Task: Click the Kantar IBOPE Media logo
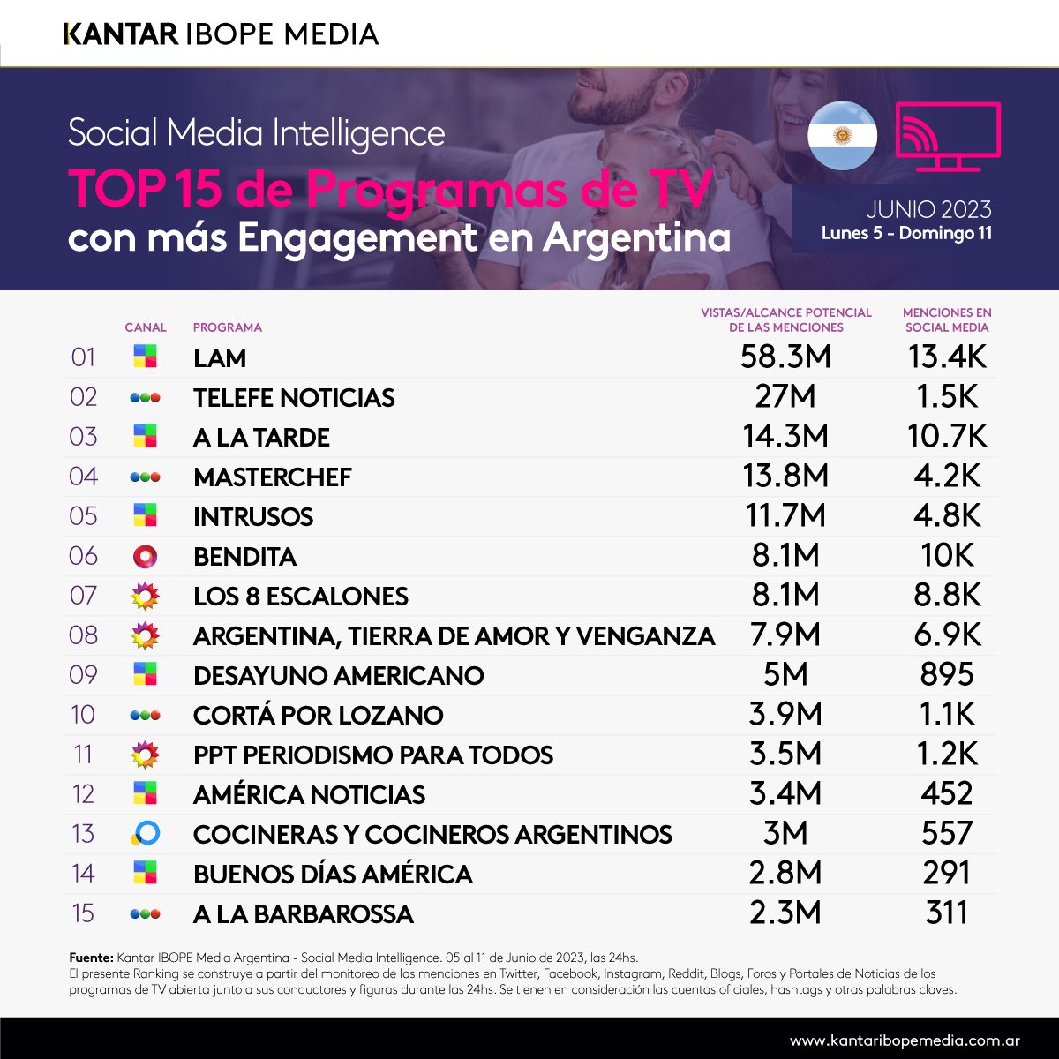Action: tap(222, 34)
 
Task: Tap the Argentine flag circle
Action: tap(842, 135)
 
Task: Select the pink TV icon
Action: tap(948, 137)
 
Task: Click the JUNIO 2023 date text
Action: tap(928, 209)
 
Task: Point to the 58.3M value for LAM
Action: tap(785, 357)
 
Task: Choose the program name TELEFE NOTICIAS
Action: tap(294, 398)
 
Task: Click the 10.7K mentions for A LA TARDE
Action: tap(947, 437)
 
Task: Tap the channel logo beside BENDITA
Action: tap(145, 556)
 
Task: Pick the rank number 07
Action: tap(83, 596)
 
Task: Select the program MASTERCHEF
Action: tap(272, 477)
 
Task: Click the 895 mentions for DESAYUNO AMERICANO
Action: tap(947, 675)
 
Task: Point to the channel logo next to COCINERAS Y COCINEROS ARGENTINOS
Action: tap(145, 833)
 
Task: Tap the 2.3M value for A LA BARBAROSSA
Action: tap(785, 913)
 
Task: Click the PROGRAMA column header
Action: tap(227, 327)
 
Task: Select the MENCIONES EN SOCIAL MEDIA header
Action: tap(947, 319)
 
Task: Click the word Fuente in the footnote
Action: tap(90, 958)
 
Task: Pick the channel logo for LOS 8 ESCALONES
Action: tap(145, 596)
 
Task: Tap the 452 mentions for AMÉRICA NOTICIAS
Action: tap(947, 794)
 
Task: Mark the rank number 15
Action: tap(83, 913)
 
